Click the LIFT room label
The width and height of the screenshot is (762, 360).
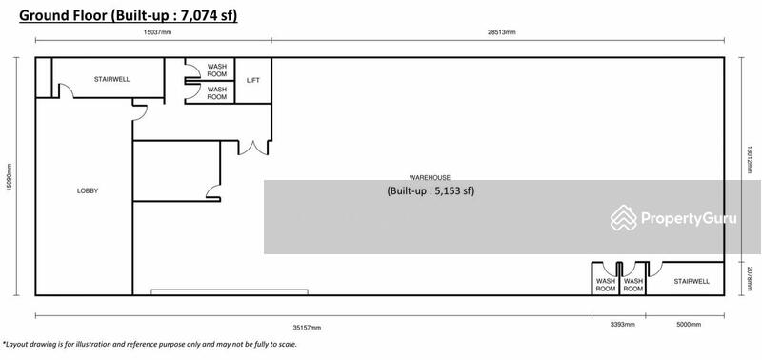click(x=253, y=81)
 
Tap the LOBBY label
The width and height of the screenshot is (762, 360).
click(x=88, y=190)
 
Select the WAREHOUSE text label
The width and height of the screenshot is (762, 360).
click(x=430, y=178)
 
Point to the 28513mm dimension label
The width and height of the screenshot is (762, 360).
click(x=502, y=32)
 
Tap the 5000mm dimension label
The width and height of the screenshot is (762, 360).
click(x=689, y=325)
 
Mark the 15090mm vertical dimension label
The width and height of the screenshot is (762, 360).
click(x=9, y=177)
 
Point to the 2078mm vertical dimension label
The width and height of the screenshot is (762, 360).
click(x=750, y=278)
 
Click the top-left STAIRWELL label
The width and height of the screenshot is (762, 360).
click(x=111, y=79)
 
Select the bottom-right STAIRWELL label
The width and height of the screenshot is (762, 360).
click(x=692, y=281)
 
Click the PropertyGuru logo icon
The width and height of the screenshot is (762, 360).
click(x=624, y=218)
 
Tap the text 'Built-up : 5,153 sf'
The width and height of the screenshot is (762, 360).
click(x=431, y=190)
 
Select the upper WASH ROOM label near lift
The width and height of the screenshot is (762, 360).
click(x=217, y=70)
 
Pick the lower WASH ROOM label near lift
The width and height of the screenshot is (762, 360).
click(x=217, y=93)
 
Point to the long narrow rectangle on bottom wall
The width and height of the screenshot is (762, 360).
click(x=230, y=292)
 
